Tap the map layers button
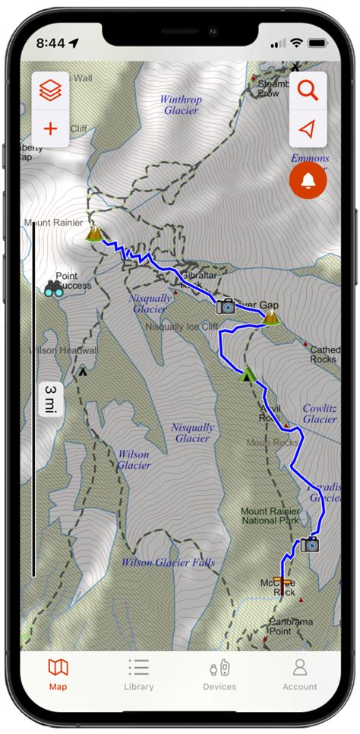pyautogui.click(x=50, y=91)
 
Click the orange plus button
pyautogui.click(x=50, y=128)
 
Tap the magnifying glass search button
pyautogui.click(x=308, y=91)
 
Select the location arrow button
pyautogui.click(x=307, y=129)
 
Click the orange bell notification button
pyautogui.click(x=308, y=180)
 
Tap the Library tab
pyautogui.click(x=138, y=674)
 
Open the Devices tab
pyautogui.click(x=219, y=674)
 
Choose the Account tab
pyautogui.click(x=299, y=674)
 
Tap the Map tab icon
pyautogui.click(x=58, y=668)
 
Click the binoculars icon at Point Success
pyautogui.click(x=53, y=288)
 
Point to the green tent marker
pyautogui.click(x=247, y=374)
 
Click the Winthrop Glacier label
pyautogui.click(x=182, y=105)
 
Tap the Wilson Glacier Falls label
pyautogui.click(x=168, y=563)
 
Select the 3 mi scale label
pyautogui.click(x=50, y=399)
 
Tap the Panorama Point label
pyautogui.click(x=291, y=626)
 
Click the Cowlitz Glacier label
pyautogui.click(x=319, y=413)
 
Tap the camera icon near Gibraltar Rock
pyautogui.click(x=226, y=306)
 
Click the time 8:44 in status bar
pyautogui.click(x=50, y=43)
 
